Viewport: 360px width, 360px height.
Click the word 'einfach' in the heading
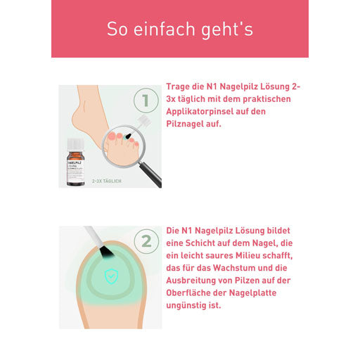click(x=165, y=29)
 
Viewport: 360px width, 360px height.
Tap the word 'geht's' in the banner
click(x=227, y=30)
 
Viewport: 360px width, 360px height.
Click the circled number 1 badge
click(x=146, y=101)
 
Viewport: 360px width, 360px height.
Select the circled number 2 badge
click(x=146, y=241)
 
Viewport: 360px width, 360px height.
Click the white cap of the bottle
click(x=75, y=145)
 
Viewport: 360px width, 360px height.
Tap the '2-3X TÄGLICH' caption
click(x=107, y=181)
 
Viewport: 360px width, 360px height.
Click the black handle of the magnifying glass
click(x=150, y=174)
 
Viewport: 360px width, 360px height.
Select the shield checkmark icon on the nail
click(x=111, y=276)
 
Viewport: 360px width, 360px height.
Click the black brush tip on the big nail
click(x=107, y=254)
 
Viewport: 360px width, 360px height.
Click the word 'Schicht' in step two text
click(x=200, y=243)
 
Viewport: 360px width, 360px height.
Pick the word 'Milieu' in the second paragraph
click(x=247, y=255)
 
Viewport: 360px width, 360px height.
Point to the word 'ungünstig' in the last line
click(x=183, y=306)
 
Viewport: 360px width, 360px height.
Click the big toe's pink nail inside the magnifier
click(x=112, y=136)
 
